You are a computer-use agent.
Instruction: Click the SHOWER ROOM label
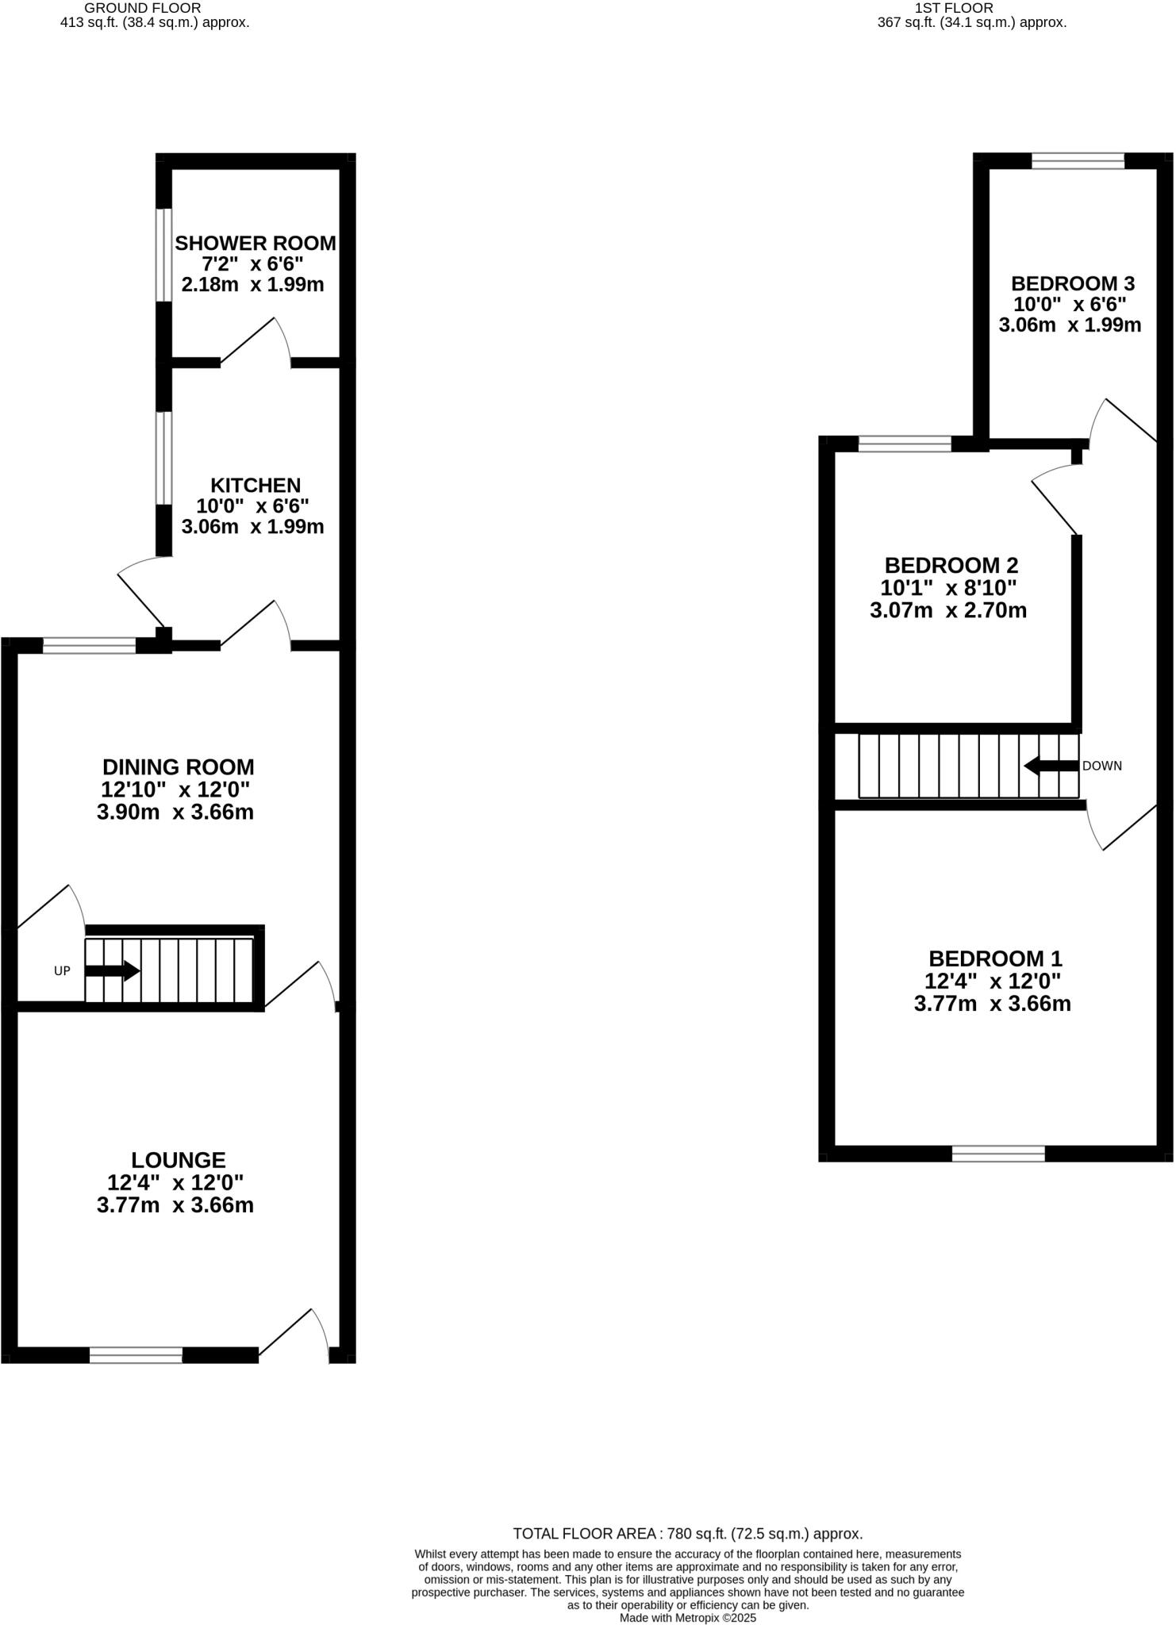[256, 243]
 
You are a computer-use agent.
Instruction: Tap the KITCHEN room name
[256, 485]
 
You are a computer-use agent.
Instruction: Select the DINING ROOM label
[179, 767]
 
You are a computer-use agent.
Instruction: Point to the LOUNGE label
[179, 1160]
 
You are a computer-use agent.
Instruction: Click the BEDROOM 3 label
[1073, 283]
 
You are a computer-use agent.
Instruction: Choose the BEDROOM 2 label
[951, 566]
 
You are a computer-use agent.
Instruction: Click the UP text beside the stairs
[62, 970]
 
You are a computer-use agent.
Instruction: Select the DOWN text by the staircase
[1102, 766]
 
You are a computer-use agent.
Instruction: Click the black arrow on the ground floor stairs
[113, 970]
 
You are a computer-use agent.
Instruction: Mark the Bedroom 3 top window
[1078, 161]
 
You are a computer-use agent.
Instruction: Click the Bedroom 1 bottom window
[998, 1154]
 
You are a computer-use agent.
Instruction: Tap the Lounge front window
[136, 1355]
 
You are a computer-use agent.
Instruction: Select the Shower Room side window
[163, 255]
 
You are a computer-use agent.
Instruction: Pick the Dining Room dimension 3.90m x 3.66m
[175, 812]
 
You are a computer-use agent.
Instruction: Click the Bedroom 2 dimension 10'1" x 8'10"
[948, 588]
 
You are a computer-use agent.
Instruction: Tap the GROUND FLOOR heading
[143, 8]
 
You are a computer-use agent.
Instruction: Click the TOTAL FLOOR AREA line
[687, 1534]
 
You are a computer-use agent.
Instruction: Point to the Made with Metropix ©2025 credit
[687, 1617]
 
